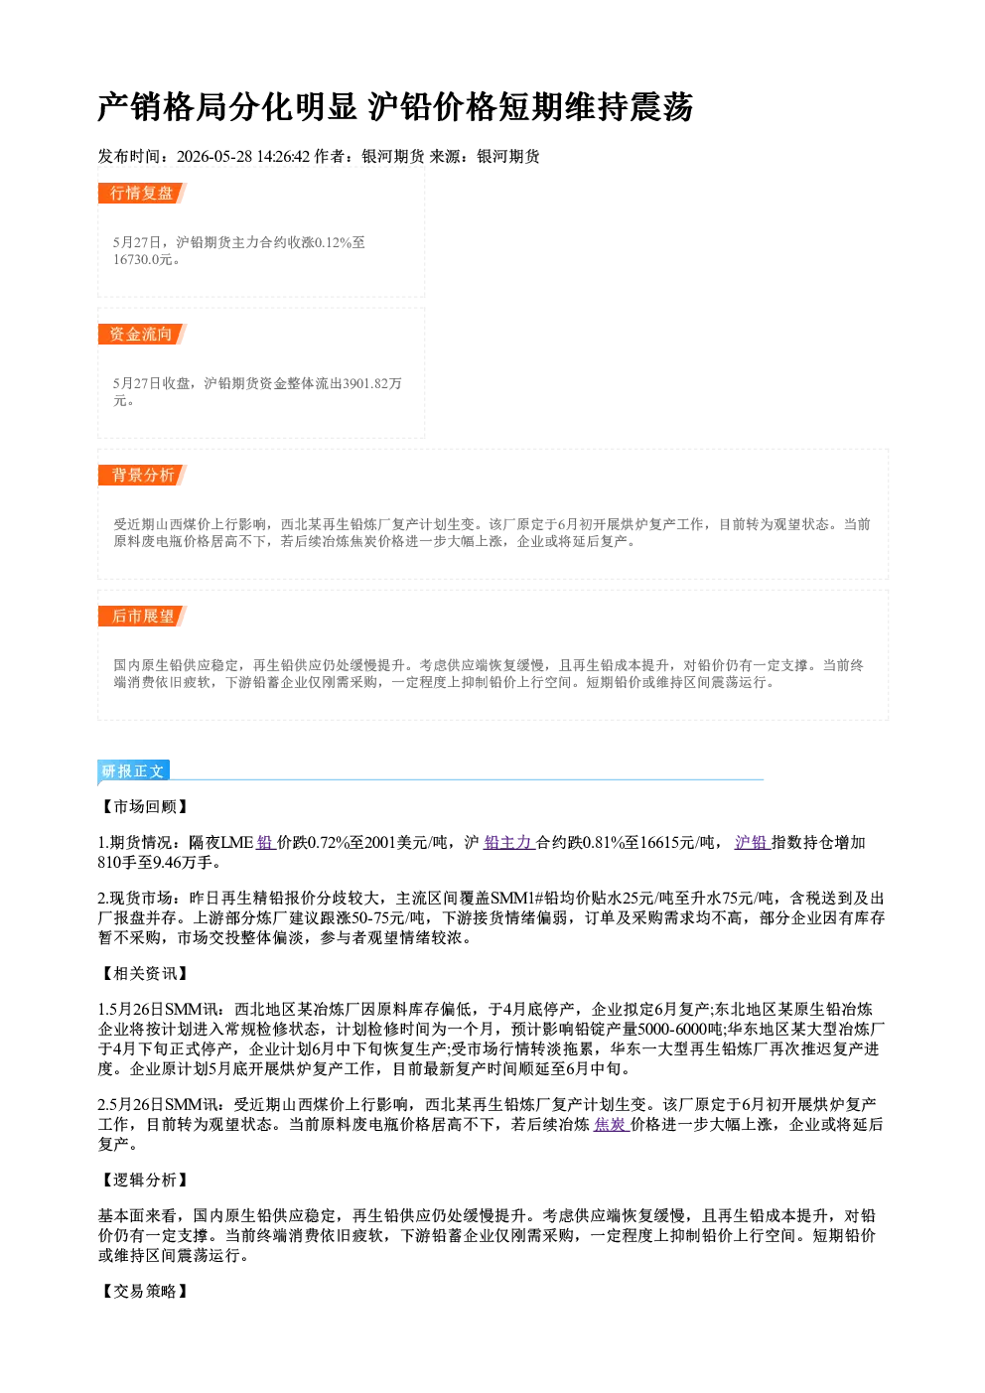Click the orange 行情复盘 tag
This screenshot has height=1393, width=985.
tap(142, 193)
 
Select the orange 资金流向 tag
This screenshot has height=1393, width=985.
tap(142, 334)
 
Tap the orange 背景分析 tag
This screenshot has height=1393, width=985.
tap(142, 476)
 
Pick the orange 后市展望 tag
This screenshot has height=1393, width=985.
tap(142, 617)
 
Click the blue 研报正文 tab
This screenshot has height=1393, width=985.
tap(133, 771)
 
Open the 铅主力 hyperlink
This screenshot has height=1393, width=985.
tap(509, 842)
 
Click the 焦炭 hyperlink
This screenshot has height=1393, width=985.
tap(612, 1124)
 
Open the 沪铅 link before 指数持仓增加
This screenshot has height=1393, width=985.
tap(753, 842)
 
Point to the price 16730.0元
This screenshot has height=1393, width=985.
tap(142, 259)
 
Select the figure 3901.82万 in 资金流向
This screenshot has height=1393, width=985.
tap(372, 383)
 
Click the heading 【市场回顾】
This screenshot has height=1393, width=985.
tap(144, 806)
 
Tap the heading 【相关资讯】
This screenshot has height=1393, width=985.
tap(144, 973)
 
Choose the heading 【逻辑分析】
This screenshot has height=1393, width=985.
tap(144, 1180)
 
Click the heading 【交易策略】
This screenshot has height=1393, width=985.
tap(144, 1291)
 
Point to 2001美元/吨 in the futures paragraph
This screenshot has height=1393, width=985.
tap(405, 842)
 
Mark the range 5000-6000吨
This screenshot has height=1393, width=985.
tap(680, 1030)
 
